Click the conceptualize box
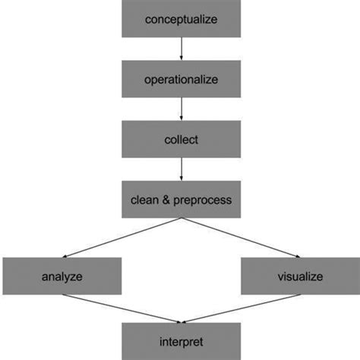point(182,19)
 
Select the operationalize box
point(182,79)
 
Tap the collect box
point(182,139)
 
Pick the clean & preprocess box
point(182,200)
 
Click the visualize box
point(299,276)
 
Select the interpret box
point(182,341)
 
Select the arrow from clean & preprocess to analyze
point(122,238)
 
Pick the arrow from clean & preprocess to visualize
point(242,238)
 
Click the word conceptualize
point(182,19)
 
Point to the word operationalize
point(182,79)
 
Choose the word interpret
point(182,342)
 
